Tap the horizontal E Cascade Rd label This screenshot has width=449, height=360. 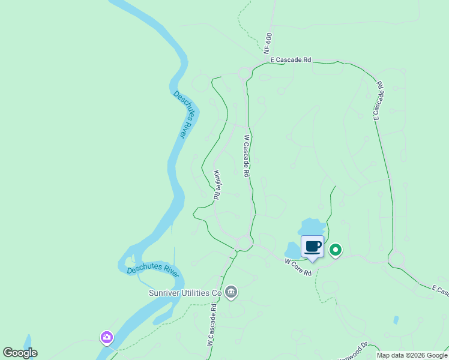[291, 60]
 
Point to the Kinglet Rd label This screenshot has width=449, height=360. [217, 185]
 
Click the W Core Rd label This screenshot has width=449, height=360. [298, 267]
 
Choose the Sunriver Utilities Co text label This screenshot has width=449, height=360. [185, 293]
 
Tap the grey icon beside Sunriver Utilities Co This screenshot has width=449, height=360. [231, 293]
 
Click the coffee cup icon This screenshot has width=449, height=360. [312, 247]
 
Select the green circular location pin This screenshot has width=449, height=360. [336, 250]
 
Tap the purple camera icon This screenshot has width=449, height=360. [107, 338]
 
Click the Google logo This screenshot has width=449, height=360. [20, 353]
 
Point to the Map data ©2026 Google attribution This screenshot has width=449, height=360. [412, 355]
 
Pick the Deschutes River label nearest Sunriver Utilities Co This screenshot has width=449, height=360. [153, 269]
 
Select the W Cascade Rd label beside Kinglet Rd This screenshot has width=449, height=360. [246, 155]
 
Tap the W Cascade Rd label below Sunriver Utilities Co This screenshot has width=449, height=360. [211, 323]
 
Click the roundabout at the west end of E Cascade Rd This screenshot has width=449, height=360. [245, 74]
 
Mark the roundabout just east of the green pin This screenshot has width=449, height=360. [397, 260]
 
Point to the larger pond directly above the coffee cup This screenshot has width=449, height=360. [312, 226]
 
